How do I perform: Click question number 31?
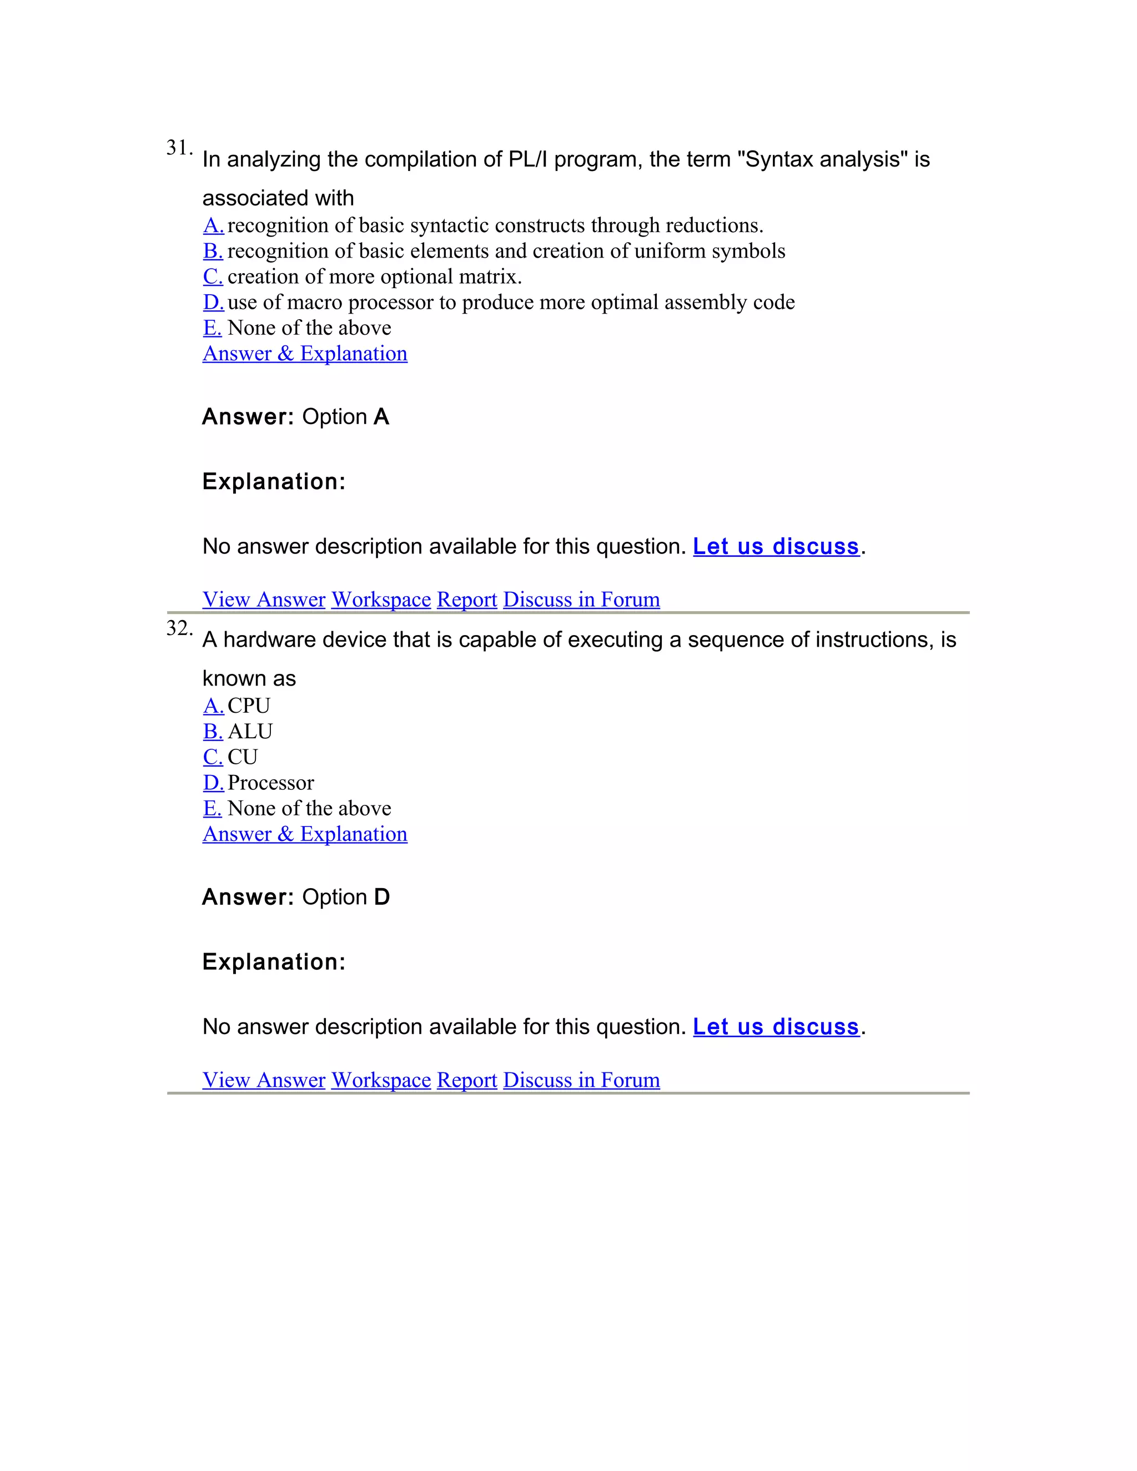179,148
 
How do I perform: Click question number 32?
179,628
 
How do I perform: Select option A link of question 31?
213,225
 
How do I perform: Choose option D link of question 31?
213,303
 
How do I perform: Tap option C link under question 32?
212,757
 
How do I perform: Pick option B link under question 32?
212,732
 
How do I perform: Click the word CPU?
249,706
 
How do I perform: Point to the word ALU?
250,732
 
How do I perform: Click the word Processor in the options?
270,783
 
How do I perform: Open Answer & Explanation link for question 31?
304,354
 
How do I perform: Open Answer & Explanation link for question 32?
304,834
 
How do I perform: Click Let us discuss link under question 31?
776,546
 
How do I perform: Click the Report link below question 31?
467,600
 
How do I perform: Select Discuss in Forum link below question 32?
581,1080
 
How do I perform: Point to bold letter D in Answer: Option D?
382,897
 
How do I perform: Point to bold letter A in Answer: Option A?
381,417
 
